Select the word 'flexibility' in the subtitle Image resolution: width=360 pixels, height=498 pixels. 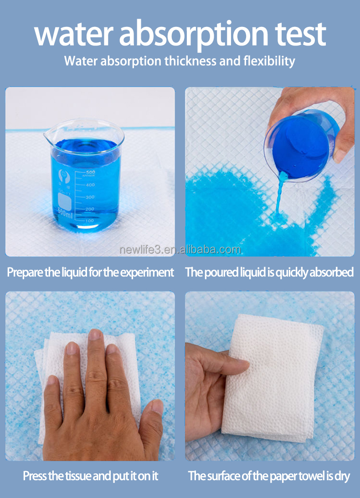(269, 61)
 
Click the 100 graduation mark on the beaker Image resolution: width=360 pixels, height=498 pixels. (89, 221)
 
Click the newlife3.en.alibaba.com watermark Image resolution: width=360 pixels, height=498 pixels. (180, 250)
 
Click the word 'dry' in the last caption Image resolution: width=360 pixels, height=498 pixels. (341, 476)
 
